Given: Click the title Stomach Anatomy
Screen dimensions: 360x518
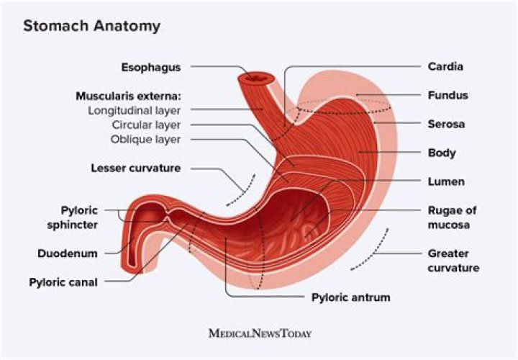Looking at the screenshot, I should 91,26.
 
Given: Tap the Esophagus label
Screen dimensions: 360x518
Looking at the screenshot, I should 150,67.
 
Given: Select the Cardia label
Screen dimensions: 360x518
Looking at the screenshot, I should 445,67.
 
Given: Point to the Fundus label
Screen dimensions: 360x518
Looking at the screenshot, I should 448,95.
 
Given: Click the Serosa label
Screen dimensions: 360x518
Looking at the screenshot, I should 446,124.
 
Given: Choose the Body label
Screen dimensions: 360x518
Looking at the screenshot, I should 442,153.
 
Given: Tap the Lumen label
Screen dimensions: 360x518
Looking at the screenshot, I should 446,181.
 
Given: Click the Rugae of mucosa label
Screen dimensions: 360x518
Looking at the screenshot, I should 452,217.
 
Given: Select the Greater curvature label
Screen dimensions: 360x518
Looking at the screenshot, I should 453,261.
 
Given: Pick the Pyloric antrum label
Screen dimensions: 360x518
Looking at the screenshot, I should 350,296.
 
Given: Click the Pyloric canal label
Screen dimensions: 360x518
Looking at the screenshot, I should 63,282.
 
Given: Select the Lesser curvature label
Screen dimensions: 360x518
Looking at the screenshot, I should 135,168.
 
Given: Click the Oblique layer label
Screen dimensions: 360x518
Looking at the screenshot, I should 145,139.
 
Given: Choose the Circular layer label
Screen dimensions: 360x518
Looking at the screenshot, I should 146,125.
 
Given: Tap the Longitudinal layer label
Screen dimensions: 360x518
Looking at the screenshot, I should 134,110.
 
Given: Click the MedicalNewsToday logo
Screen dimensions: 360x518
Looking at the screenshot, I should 259,333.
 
